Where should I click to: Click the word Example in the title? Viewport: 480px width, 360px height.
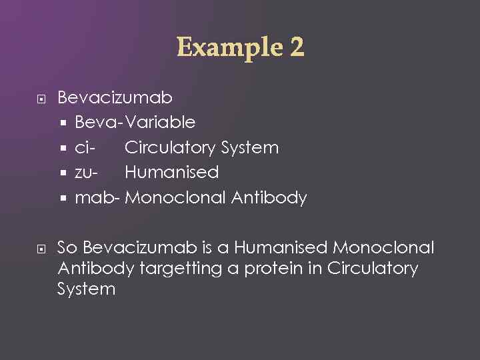coord(227,47)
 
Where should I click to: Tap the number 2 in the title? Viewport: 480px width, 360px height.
coord(297,47)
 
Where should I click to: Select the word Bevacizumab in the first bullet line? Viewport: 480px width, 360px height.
coord(115,98)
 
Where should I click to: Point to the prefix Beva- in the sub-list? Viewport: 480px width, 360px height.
coord(99,123)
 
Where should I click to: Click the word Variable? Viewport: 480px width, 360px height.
coord(160,123)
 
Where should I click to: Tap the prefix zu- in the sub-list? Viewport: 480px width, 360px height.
coord(87,173)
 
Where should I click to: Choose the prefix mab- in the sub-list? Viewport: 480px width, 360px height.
coord(97,198)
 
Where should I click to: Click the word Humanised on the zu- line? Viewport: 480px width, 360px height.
coord(171,173)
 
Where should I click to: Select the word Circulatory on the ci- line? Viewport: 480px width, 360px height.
coord(170,147)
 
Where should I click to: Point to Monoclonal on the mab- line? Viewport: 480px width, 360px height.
coord(175,198)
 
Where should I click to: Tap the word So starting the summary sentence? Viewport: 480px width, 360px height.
coord(67,248)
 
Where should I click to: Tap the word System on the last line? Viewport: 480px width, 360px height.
coord(86,289)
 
